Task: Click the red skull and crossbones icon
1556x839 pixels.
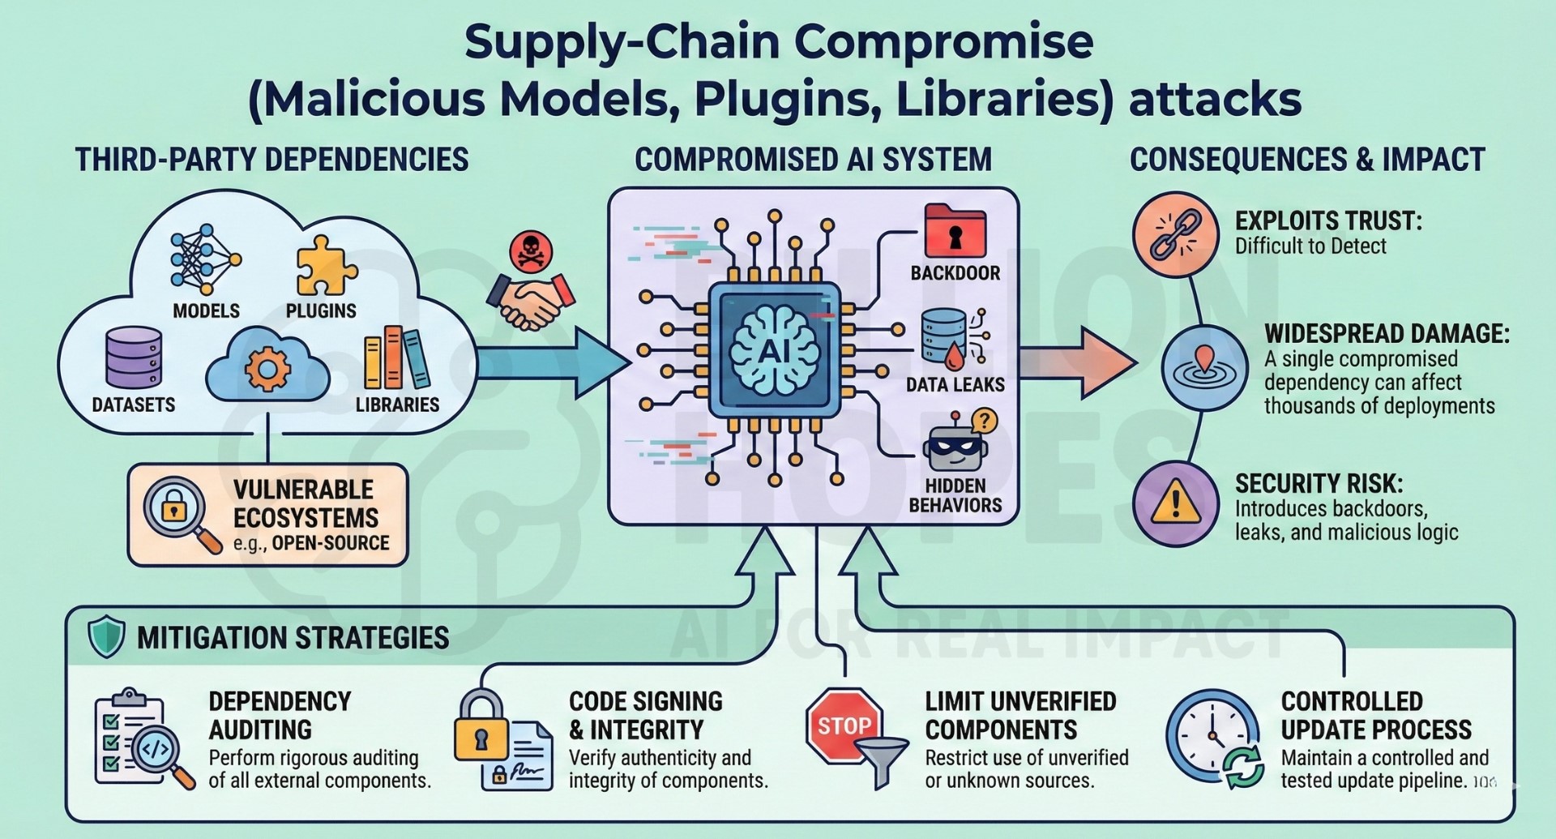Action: click(531, 252)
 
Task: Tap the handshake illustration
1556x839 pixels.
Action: click(530, 301)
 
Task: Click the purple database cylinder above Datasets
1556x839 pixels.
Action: click(134, 357)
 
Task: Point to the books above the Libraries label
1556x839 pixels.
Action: click(396, 358)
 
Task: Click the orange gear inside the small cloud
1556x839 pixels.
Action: click(268, 369)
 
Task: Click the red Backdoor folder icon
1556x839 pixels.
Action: click(955, 231)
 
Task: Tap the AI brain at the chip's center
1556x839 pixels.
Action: click(775, 351)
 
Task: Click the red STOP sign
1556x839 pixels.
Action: click(844, 726)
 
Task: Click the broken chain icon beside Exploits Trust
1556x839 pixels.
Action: click(1175, 235)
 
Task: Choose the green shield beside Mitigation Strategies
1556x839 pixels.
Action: click(106, 636)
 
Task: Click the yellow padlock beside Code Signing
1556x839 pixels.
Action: click(481, 726)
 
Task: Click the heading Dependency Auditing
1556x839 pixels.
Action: click(280, 715)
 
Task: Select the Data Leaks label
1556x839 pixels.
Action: click(955, 384)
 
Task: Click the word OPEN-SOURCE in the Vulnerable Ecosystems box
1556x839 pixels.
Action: click(331, 543)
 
